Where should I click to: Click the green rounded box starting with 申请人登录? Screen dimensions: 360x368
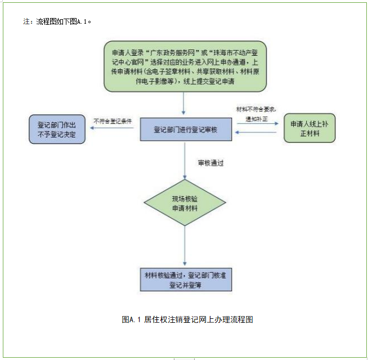click(185, 65)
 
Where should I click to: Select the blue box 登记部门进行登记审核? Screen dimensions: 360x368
click(185, 130)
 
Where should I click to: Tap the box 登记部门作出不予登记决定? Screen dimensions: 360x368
click(56, 130)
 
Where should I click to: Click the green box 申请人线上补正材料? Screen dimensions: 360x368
click(309, 128)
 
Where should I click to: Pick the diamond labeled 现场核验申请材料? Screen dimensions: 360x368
click(185, 204)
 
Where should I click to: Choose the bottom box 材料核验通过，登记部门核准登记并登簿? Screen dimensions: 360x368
click(185, 279)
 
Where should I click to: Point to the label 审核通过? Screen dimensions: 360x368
click(210, 163)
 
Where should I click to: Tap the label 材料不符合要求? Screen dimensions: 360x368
click(256, 109)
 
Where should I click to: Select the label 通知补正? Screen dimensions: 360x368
click(256, 119)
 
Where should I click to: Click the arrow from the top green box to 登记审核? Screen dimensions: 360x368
click(184, 104)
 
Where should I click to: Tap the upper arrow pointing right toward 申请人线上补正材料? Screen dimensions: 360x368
click(256, 124)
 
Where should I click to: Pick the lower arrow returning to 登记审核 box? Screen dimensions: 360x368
click(256, 132)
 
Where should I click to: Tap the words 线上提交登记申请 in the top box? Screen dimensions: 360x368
click(208, 81)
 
